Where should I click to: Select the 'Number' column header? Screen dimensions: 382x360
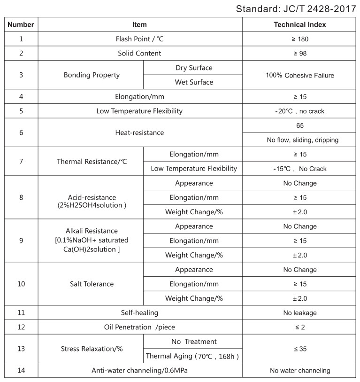21,24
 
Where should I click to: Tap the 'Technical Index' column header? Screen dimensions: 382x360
299,24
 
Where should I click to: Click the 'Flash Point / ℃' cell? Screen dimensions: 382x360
140,39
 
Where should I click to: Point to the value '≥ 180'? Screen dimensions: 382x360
299,39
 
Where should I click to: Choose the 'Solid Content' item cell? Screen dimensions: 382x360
140,54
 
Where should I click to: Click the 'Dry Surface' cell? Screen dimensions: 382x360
193,68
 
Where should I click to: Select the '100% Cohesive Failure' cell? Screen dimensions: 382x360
299,75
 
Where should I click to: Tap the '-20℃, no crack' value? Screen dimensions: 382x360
299,111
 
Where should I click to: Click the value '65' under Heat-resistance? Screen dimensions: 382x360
299,125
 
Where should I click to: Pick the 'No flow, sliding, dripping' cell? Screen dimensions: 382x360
299,140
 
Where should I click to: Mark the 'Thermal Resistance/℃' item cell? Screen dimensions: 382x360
92,162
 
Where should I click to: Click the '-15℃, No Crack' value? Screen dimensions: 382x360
299,169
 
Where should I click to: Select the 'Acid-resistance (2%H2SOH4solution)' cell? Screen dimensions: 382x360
92,202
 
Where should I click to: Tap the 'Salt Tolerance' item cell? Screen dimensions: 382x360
92,284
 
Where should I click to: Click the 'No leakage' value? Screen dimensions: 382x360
299,313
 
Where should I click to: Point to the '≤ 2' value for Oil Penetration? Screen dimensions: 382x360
299,327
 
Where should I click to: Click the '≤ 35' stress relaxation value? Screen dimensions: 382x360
299,349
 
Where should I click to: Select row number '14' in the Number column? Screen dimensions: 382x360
21,370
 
